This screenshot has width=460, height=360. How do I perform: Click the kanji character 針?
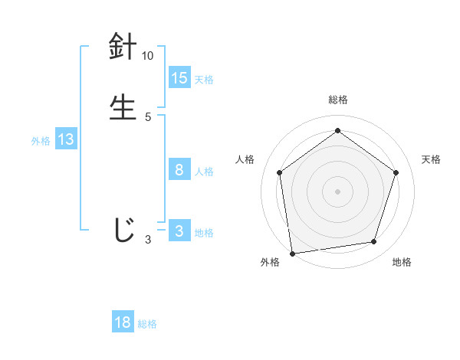click(x=123, y=47)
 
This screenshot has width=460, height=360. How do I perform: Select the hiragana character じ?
click(x=123, y=231)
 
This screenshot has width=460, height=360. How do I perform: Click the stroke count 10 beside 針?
click(x=148, y=56)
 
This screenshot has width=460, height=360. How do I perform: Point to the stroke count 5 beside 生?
click(x=148, y=116)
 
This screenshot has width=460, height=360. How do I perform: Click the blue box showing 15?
click(x=179, y=78)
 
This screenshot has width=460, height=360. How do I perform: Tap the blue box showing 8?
click(x=179, y=170)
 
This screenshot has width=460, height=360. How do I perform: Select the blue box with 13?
click(x=66, y=140)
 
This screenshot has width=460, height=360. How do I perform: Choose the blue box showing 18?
click(x=123, y=322)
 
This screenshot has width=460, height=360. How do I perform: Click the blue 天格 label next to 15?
click(x=204, y=80)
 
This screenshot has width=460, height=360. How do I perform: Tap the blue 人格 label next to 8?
click(x=204, y=172)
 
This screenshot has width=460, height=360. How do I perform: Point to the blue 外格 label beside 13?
click(x=41, y=141)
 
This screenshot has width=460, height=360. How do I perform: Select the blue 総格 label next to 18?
click(x=147, y=324)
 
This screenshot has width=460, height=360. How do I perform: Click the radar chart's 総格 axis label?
click(x=337, y=100)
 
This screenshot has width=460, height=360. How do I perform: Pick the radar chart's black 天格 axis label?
click(x=431, y=159)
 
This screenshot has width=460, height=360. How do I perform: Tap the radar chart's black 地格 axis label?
click(x=402, y=262)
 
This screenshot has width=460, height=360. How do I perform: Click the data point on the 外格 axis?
click(x=292, y=253)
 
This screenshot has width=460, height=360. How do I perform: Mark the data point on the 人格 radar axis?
click(x=279, y=172)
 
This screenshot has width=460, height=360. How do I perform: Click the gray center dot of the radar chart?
click(x=337, y=191)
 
